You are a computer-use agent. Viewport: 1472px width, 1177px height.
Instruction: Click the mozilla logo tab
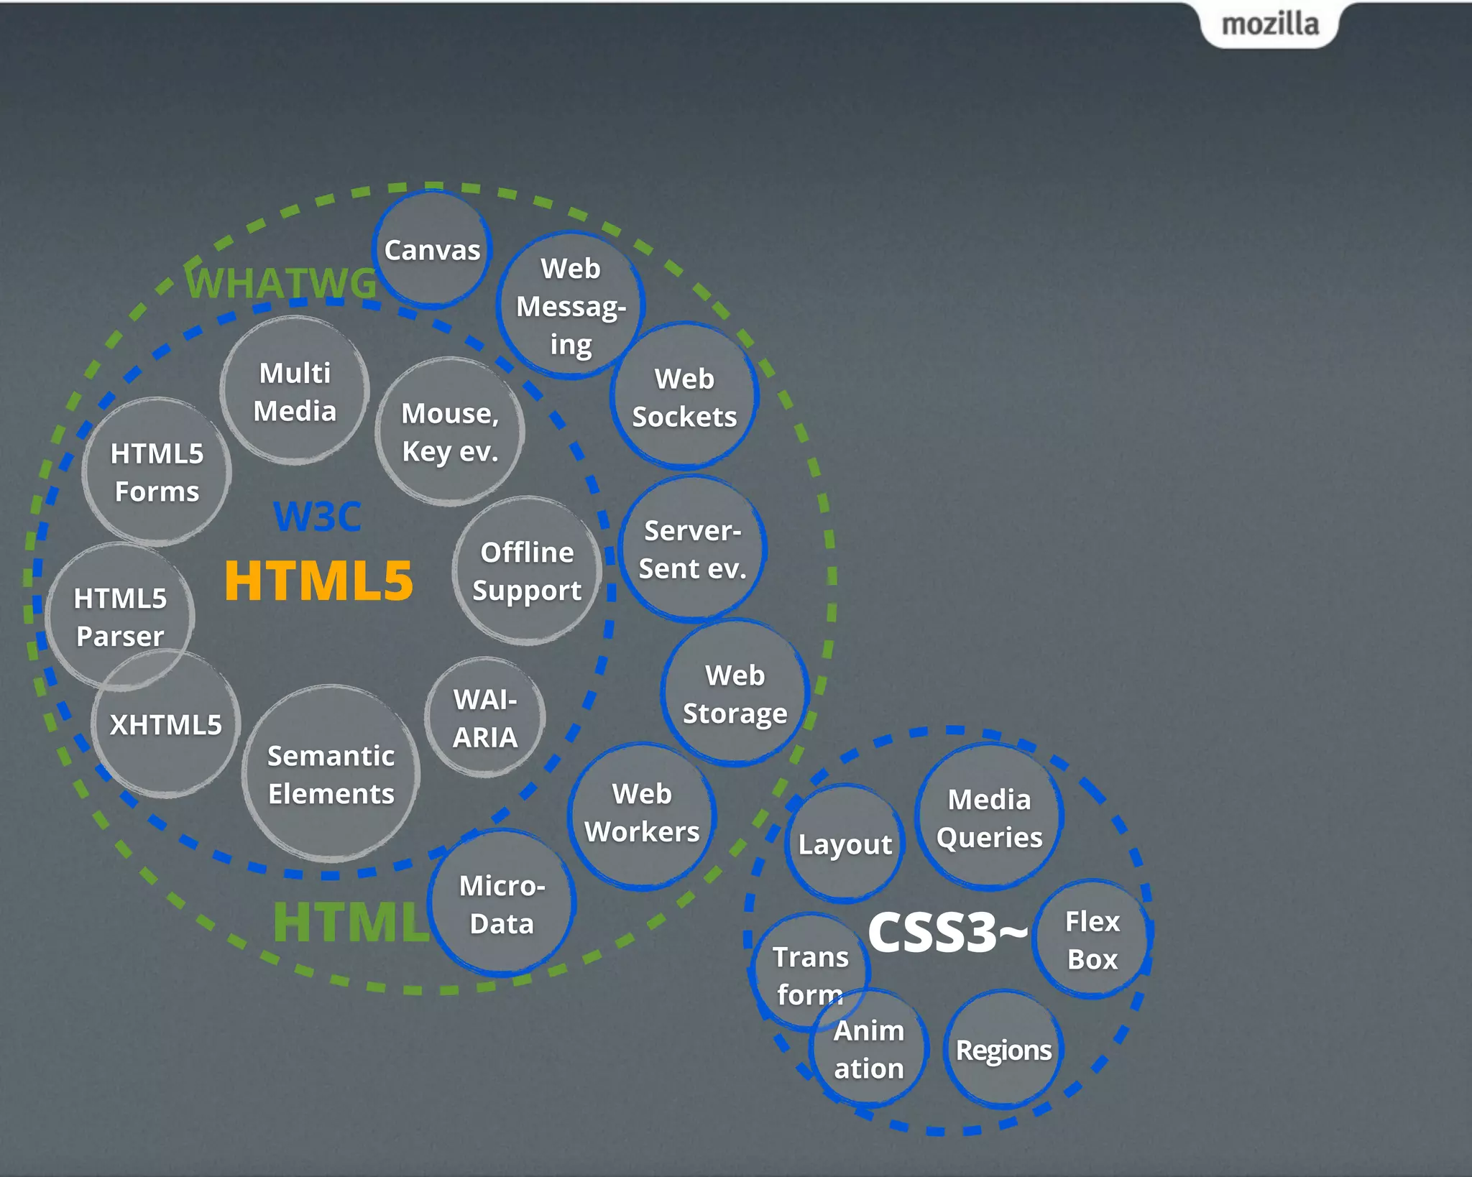(x=1270, y=24)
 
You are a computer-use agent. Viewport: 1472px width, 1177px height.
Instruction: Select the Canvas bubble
(x=432, y=250)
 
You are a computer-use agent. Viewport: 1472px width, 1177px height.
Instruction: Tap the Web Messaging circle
(x=571, y=306)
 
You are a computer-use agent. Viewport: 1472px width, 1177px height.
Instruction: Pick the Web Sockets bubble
(x=684, y=397)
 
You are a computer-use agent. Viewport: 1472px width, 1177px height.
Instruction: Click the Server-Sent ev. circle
(x=692, y=550)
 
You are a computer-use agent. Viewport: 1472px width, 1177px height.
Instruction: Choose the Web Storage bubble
(x=735, y=694)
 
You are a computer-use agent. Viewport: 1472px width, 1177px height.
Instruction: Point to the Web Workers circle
(x=642, y=813)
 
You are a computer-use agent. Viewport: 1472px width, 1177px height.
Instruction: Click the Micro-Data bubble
(x=502, y=904)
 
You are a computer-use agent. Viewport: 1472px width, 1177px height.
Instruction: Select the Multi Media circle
(x=295, y=392)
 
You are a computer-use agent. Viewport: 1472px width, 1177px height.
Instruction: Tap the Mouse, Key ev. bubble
(x=450, y=432)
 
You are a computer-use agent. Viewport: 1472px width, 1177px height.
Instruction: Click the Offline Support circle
(x=527, y=571)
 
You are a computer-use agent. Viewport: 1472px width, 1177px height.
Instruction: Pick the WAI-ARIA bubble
(x=485, y=718)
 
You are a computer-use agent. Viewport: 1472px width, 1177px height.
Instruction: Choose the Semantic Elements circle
(x=331, y=775)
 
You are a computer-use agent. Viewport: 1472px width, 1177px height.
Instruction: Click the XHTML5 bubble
(x=166, y=724)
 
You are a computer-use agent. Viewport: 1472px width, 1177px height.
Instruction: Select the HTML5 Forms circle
(x=157, y=472)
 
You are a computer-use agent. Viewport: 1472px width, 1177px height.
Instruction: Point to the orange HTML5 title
(x=318, y=581)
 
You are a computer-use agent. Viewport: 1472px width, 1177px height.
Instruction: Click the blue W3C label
(x=317, y=516)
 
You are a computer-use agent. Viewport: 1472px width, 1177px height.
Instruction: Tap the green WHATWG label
(x=281, y=282)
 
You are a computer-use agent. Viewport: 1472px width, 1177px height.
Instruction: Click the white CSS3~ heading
(x=947, y=933)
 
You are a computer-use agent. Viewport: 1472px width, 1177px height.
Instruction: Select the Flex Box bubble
(x=1092, y=940)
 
